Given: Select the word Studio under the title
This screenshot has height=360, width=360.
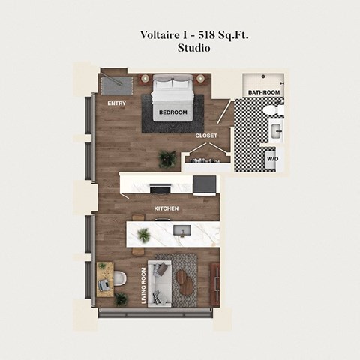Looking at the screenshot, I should (x=193, y=48).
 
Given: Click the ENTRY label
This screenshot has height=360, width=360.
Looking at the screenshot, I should (x=116, y=103).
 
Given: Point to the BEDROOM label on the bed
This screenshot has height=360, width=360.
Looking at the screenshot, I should (x=173, y=113).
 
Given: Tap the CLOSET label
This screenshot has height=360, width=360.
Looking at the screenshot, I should (x=206, y=136).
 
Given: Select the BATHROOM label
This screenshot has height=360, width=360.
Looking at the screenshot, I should (x=264, y=92).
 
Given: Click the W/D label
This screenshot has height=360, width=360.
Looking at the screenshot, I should (x=271, y=158).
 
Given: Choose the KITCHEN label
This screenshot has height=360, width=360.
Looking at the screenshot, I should (x=166, y=208).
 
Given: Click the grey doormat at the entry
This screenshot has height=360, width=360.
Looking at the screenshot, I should (x=115, y=80).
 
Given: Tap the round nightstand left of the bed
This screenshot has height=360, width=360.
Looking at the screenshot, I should (x=145, y=78).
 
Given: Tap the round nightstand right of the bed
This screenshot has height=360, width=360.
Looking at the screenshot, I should (x=201, y=78).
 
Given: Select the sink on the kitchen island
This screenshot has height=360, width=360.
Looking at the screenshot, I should (x=181, y=231).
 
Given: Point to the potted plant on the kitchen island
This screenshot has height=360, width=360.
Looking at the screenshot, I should (x=142, y=235).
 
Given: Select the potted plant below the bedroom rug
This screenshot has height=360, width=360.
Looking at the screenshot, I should (x=166, y=158).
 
